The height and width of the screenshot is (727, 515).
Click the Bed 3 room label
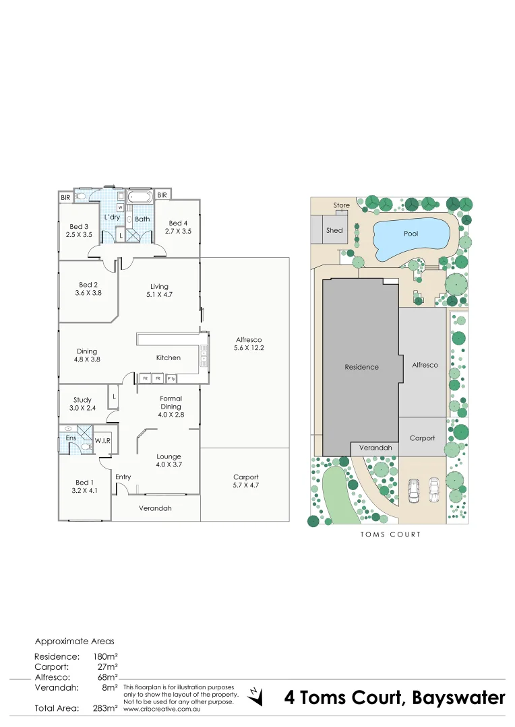tap(79, 227)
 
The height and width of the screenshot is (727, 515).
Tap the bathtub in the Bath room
tap(140, 198)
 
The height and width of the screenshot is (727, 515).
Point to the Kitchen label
tap(168, 357)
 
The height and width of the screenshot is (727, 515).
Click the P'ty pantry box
tap(171, 378)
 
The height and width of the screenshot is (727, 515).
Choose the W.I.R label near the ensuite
tap(102, 440)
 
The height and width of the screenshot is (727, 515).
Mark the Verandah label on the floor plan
tap(155, 508)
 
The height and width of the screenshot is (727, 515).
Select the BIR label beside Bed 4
tap(162, 196)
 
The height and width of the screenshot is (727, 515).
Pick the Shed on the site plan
tap(334, 230)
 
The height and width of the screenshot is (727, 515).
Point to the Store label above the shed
tap(342, 205)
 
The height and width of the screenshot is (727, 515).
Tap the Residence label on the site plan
tap(362, 367)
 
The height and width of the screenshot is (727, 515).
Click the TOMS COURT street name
tap(390, 534)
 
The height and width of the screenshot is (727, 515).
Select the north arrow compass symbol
tap(255, 696)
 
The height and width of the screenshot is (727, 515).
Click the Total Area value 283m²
tap(105, 708)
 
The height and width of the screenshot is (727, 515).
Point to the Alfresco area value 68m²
tap(108, 677)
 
